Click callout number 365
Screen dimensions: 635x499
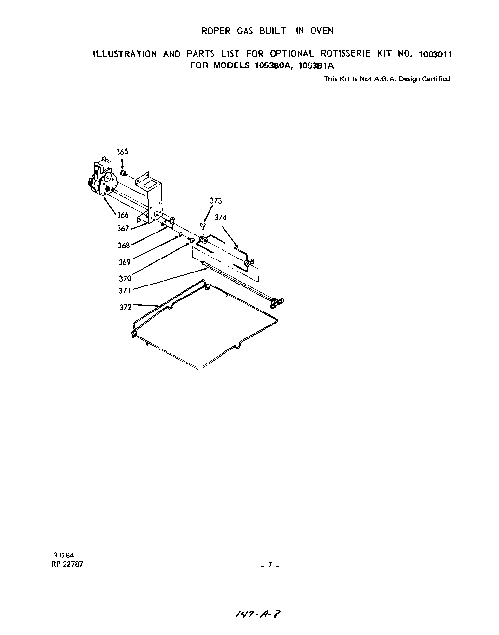[123, 152]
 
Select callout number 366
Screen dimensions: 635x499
[123, 215]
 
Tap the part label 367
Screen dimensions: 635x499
[123, 229]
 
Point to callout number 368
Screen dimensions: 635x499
[124, 246]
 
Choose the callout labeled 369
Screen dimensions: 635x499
[125, 262]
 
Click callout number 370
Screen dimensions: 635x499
[125, 278]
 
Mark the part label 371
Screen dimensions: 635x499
[125, 291]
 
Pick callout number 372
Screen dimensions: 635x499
[126, 307]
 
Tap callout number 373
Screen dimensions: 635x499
[216, 201]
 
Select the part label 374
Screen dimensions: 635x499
[221, 218]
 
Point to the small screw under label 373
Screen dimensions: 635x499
[203, 226]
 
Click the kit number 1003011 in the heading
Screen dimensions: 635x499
[435, 54]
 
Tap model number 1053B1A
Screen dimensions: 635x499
[316, 66]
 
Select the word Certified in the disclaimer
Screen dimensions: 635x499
[436, 79]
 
